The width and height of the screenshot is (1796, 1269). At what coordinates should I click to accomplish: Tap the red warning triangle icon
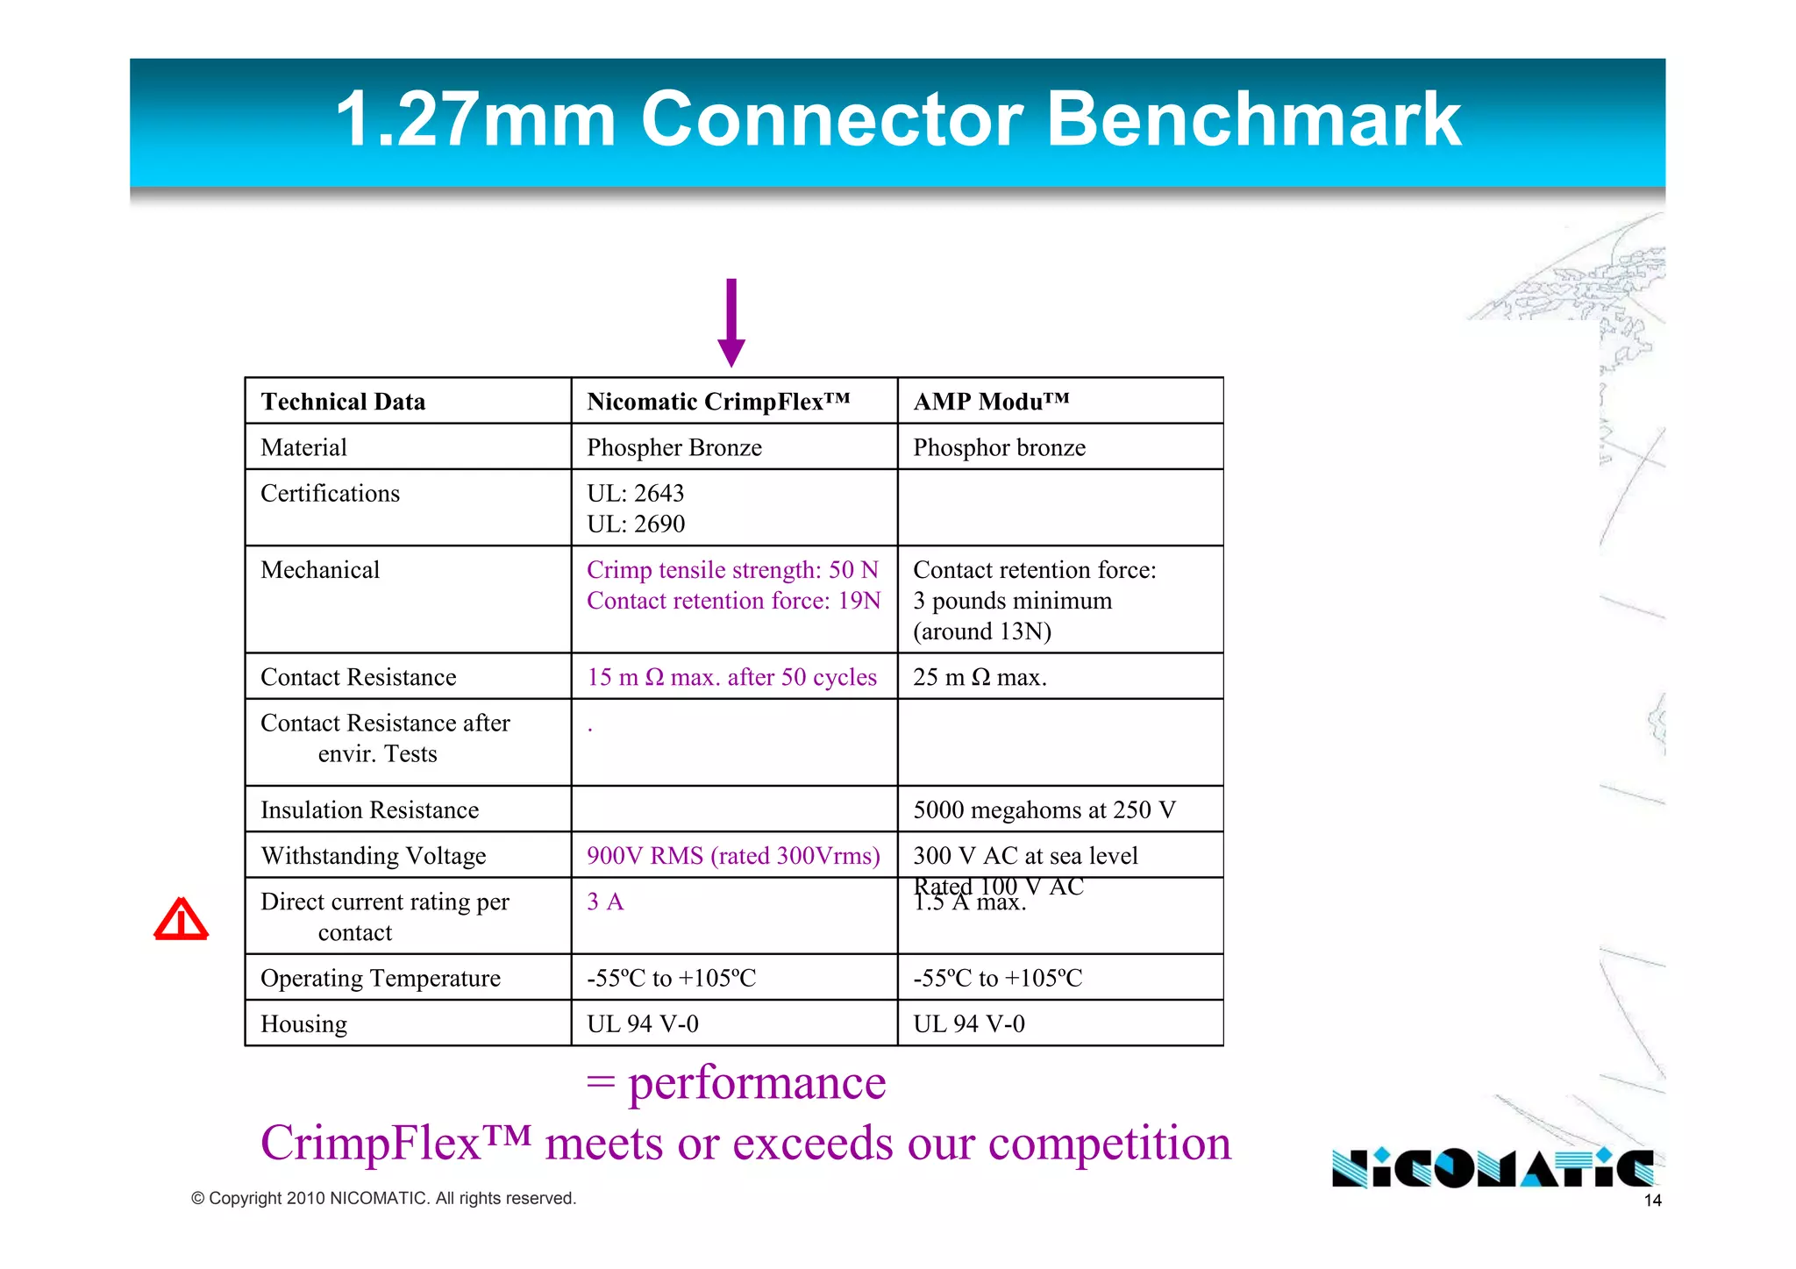182,919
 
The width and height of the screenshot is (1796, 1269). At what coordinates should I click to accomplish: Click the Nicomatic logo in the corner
1492,1168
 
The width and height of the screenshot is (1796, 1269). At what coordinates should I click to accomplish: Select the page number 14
1652,1201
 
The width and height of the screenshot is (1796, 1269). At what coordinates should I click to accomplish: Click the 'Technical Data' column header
343,402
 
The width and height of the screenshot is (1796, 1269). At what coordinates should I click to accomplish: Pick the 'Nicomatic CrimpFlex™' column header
718,402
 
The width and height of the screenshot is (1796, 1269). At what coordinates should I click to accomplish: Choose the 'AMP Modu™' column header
991,402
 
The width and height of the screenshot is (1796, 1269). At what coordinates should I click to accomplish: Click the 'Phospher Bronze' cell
674,447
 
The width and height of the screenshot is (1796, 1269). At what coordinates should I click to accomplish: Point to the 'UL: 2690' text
636,524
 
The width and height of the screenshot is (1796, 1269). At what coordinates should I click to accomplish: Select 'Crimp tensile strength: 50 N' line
732,570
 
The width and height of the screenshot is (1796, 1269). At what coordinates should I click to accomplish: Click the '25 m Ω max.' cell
980,677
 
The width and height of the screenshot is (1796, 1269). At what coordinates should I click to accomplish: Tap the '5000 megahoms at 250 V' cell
1044,809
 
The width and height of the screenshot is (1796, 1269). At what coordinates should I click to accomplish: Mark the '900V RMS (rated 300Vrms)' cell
733,856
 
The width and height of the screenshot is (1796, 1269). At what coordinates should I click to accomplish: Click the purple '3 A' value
605,902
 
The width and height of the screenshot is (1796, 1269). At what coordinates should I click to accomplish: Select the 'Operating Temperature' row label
381,978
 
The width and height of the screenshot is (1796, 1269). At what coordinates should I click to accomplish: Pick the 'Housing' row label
303,1023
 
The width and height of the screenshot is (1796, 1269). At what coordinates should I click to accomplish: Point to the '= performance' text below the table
737,1082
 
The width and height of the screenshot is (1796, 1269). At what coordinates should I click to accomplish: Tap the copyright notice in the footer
383,1198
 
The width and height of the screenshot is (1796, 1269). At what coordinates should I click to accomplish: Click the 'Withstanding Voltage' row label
374,856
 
